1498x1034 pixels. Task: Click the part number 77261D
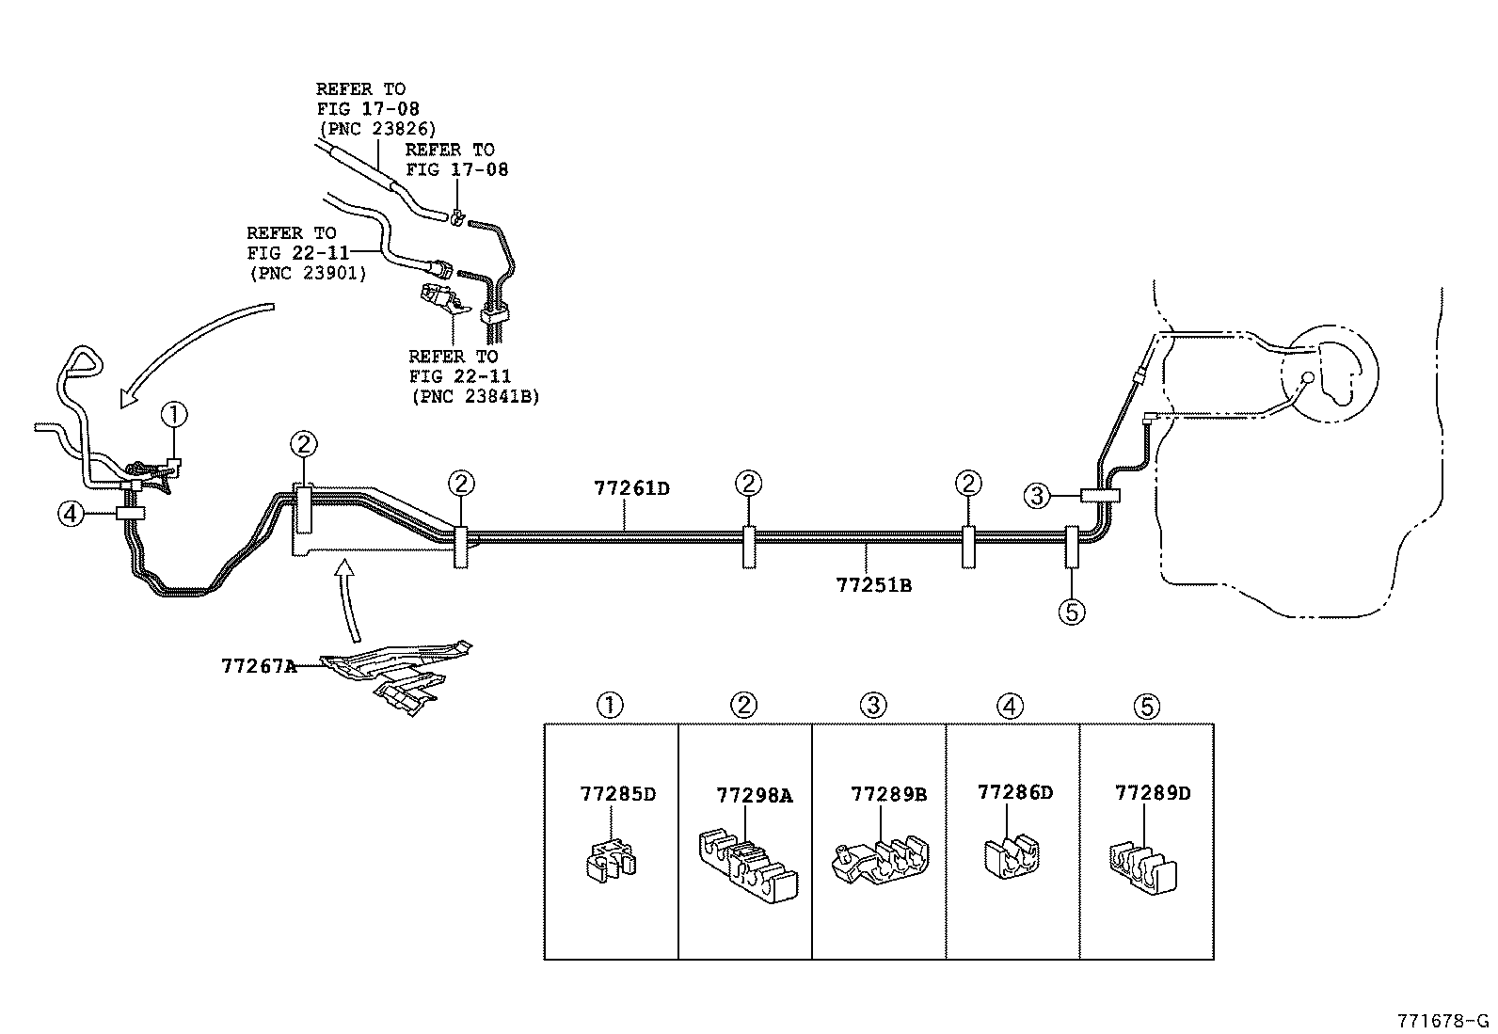point(631,489)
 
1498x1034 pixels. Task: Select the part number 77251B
point(873,585)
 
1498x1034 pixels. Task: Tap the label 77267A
point(259,666)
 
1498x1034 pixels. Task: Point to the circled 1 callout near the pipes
point(174,414)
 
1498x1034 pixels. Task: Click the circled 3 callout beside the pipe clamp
point(1036,496)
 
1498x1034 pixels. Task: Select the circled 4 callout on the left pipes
point(71,514)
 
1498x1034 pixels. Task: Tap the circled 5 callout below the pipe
point(1071,612)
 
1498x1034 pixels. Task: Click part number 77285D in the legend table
point(617,794)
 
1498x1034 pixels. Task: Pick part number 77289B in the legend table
point(888,794)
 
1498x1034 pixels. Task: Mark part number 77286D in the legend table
point(1014,792)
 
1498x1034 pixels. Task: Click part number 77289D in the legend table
point(1152,793)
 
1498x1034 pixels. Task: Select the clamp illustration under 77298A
point(747,864)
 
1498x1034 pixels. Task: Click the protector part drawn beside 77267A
point(400,673)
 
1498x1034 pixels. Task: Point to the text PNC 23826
point(376,129)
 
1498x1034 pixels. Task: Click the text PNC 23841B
point(475,396)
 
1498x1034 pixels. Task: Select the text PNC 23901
point(307,274)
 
